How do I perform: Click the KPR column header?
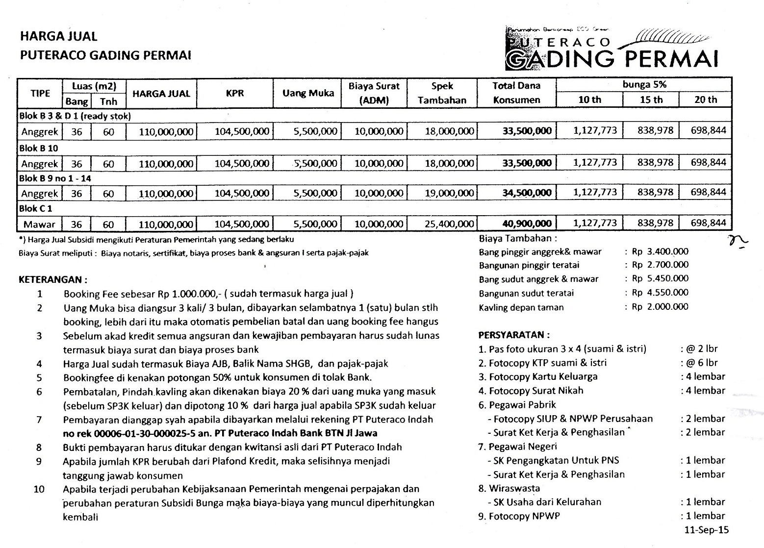pos(235,93)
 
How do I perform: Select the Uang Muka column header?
pos(308,93)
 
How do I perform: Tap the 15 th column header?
pos(651,100)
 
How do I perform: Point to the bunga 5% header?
pos(644,84)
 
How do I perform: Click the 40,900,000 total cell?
pos(527,224)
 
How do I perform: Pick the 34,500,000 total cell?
pos(527,193)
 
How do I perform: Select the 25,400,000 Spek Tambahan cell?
pos(450,224)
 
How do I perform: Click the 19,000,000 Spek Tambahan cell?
pos(450,193)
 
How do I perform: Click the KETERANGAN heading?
pos(53,280)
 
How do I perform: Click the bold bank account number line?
pos(220,433)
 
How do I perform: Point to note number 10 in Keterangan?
pos(39,489)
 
